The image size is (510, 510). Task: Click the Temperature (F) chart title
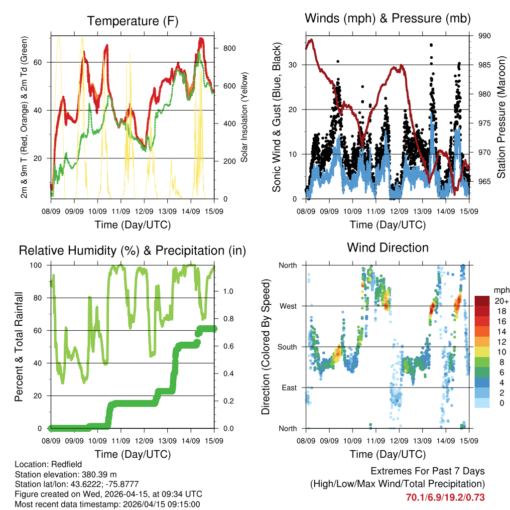click(132, 21)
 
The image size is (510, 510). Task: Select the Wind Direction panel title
click(387, 247)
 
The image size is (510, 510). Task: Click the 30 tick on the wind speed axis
click(294, 65)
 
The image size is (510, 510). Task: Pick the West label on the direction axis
click(288, 306)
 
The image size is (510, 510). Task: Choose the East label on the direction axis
click(289, 387)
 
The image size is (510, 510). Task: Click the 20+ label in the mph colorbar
click(501, 301)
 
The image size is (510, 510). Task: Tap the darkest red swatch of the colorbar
click(482, 301)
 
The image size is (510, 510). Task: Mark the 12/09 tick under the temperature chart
click(144, 212)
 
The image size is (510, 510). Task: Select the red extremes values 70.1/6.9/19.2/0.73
click(445, 497)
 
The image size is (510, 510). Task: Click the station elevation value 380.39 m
click(98, 474)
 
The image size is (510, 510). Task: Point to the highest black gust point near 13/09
click(431, 45)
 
